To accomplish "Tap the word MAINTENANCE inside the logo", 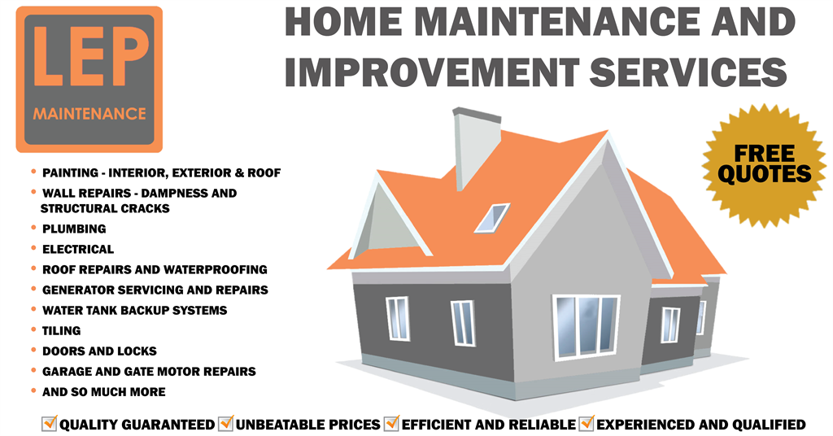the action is pyautogui.click(x=89, y=114).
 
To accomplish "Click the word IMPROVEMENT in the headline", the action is pyautogui.click(x=431, y=72).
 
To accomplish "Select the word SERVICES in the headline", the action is pyautogui.click(x=688, y=72).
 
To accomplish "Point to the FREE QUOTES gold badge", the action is pyautogui.click(x=765, y=165).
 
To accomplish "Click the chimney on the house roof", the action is pyautogui.click(x=475, y=147).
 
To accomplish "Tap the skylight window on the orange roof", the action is pyautogui.click(x=492, y=218).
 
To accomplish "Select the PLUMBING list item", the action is pyautogui.click(x=74, y=229).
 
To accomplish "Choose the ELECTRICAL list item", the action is pyautogui.click(x=78, y=249).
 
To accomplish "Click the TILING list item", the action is pyautogui.click(x=62, y=331).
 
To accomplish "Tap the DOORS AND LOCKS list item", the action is pyautogui.click(x=99, y=351).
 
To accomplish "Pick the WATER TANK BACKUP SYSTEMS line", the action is pyautogui.click(x=135, y=310).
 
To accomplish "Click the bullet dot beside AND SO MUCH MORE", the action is pyautogui.click(x=33, y=391).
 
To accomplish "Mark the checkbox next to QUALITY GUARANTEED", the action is pyautogui.click(x=50, y=423).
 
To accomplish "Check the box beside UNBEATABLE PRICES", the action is pyautogui.click(x=226, y=423).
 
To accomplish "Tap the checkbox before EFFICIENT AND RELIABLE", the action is pyautogui.click(x=391, y=423).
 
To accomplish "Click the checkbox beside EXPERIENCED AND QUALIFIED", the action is pyautogui.click(x=587, y=423).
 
